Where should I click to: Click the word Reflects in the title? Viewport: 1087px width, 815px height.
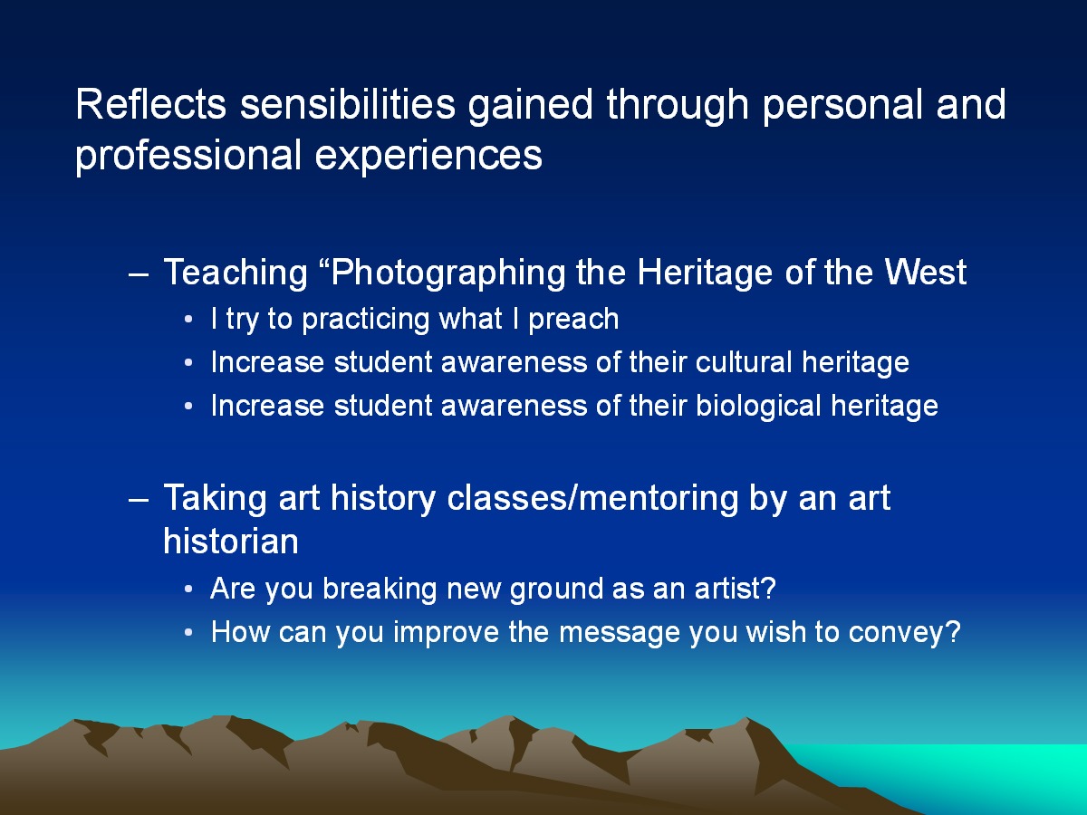(150, 104)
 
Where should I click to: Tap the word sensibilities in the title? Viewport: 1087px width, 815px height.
(348, 104)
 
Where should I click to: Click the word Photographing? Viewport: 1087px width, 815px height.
(448, 273)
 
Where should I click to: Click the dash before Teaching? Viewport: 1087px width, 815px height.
(139, 276)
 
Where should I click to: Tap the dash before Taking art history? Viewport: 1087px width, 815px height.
(139, 501)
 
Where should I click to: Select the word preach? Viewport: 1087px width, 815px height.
(573, 320)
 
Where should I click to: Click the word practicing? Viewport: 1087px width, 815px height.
(366, 320)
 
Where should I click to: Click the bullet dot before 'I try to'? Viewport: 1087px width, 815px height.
(188, 320)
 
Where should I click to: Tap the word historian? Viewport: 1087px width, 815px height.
(231, 542)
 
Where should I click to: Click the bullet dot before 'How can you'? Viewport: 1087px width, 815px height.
(188, 633)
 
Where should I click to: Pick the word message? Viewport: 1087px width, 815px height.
(619, 633)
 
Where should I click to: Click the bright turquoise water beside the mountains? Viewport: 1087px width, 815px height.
(966, 772)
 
